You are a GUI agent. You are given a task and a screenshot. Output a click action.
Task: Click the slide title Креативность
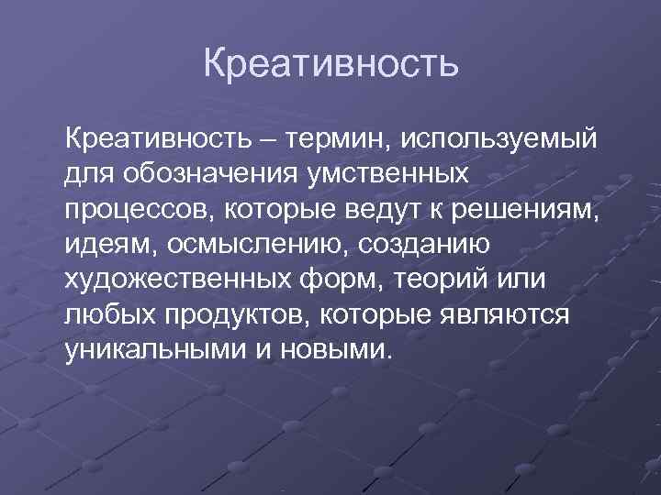pyautogui.click(x=330, y=64)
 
